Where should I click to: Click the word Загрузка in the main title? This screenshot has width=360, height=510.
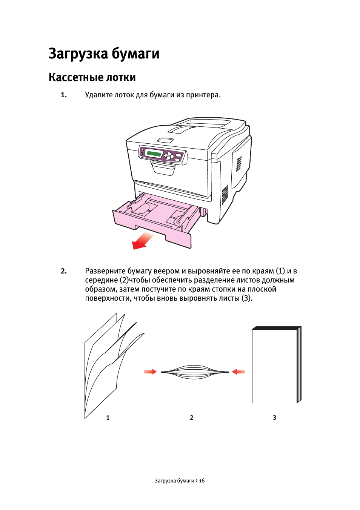pyautogui.click(x=78, y=54)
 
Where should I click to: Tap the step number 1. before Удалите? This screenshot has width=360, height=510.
pyautogui.click(x=64, y=95)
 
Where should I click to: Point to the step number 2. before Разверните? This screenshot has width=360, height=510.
pyautogui.click(x=64, y=271)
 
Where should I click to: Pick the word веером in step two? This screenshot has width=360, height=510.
pyautogui.click(x=166, y=271)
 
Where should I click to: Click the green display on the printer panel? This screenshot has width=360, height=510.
pyautogui.click(x=154, y=153)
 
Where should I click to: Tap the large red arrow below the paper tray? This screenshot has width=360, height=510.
pyautogui.click(x=142, y=241)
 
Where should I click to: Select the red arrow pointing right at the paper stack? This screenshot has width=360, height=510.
pyautogui.click(x=150, y=372)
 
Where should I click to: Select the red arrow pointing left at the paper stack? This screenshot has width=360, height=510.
pyautogui.click(x=238, y=372)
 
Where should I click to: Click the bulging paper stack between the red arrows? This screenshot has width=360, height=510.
pyautogui.click(x=194, y=372)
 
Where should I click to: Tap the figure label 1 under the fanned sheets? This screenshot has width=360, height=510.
pyautogui.click(x=108, y=418)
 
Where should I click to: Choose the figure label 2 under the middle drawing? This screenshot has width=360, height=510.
pyautogui.click(x=192, y=418)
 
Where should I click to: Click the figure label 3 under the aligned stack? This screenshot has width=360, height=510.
pyautogui.click(x=275, y=418)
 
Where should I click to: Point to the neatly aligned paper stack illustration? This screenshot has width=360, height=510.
pyautogui.click(x=276, y=365)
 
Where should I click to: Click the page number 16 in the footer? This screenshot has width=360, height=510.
pyautogui.click(x=202, y=481)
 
